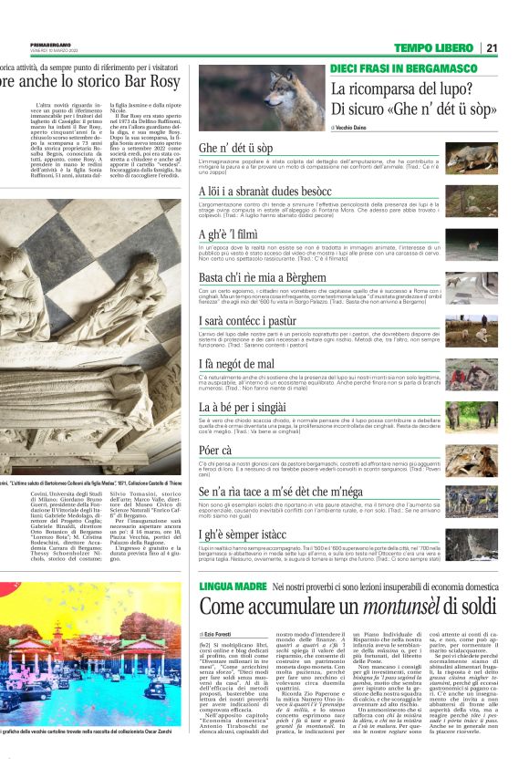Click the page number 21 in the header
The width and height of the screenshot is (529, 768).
[492, 47]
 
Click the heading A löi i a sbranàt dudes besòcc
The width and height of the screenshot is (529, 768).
[265, 192]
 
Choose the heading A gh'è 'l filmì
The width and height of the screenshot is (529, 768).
[229, 235]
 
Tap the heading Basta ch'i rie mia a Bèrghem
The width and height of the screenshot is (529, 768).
[262, 277]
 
